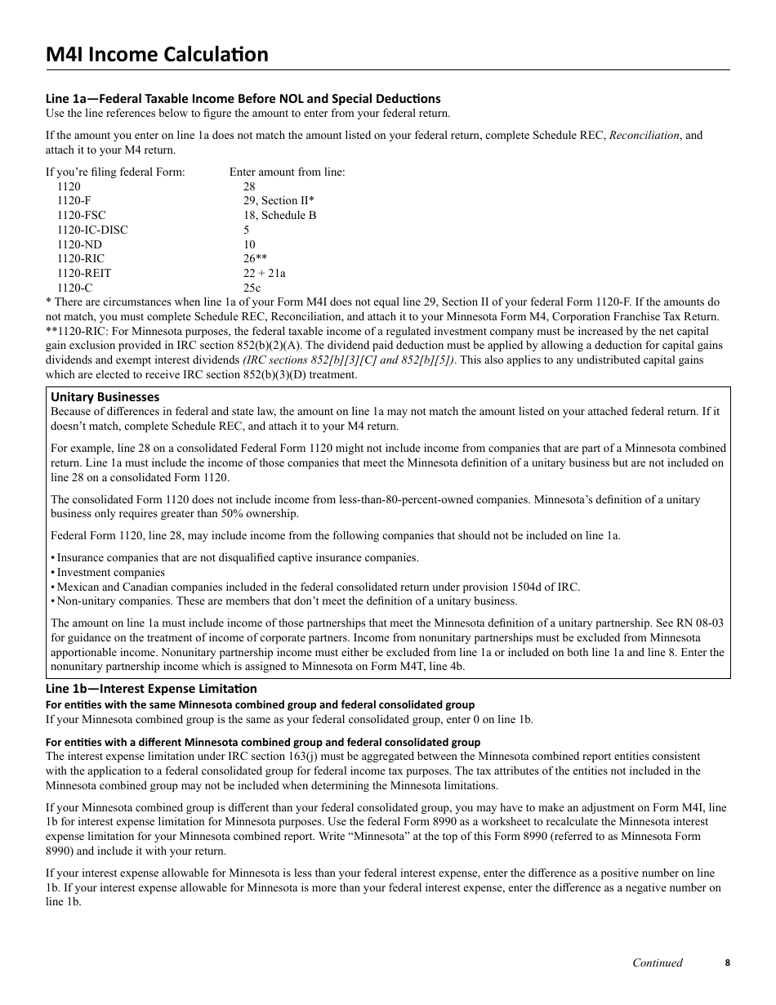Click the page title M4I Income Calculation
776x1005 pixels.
coord(157,55)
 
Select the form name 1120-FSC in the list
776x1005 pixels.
coord(81,216)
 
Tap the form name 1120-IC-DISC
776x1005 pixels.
coord(92,230)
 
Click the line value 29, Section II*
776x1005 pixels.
coord(279,201)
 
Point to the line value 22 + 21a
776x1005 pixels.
coord(264,274)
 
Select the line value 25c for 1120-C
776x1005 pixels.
coord(252,288)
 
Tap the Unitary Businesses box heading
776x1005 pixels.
coord(105,397)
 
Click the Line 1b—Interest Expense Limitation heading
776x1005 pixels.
coord(151,689)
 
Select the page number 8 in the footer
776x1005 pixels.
coord(727,963)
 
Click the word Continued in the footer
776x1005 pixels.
coord(658,963)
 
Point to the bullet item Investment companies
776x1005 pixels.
coord(110,573)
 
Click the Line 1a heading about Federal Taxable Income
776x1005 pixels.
coord(243,99)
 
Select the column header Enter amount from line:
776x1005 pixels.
coord(287,172)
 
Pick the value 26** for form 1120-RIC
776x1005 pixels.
coord(255,259)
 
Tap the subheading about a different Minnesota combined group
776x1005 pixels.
coord(262,742)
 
